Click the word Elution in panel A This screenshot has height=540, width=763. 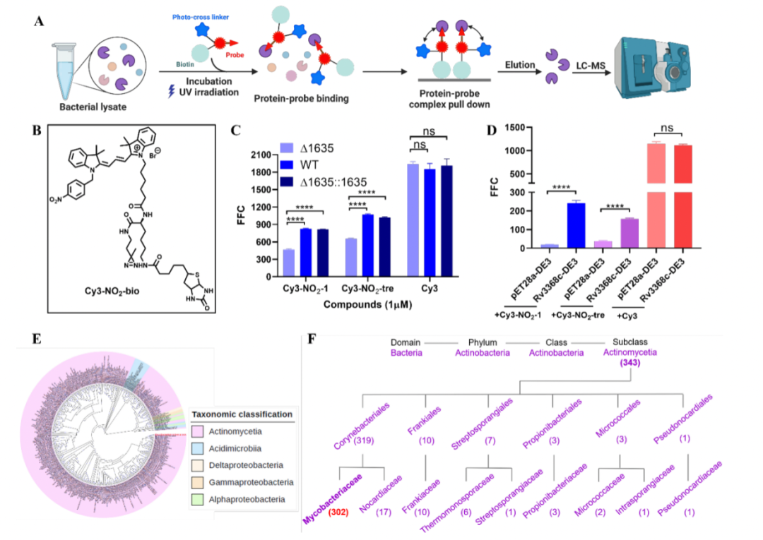pyautogui.click(x=520, y=65)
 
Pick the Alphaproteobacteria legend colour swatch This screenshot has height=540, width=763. pyautogui.click(x=201, y=499)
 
